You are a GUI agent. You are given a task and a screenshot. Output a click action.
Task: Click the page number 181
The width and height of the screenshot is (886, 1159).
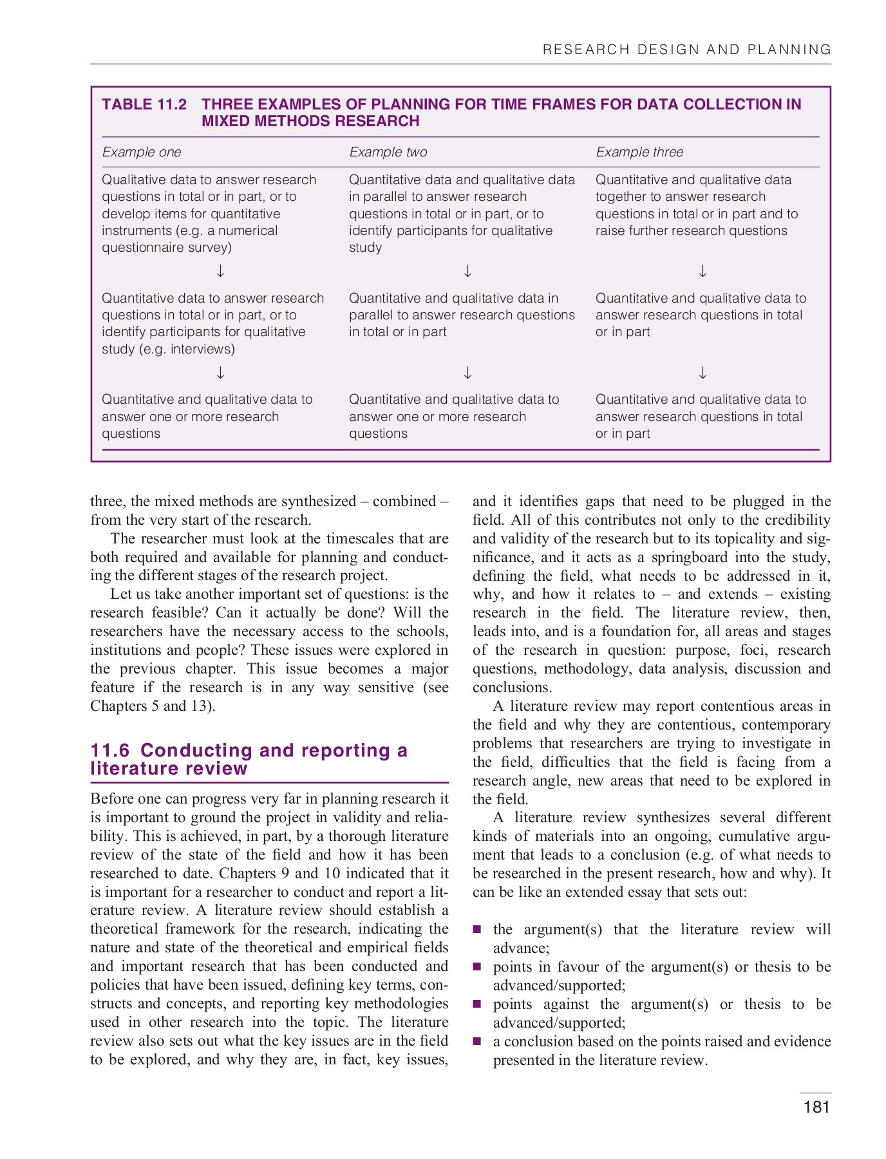tap(816, 1107)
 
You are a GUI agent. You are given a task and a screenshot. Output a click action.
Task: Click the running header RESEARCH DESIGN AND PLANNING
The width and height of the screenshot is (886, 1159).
tap(687, 50)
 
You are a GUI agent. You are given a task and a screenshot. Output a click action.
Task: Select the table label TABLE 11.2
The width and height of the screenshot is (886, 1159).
tap(144, 104)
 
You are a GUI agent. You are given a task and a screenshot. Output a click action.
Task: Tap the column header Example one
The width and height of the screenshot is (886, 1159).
tap(142, 152)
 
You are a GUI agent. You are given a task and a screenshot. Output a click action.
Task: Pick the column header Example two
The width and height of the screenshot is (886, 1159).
tap(388, 152)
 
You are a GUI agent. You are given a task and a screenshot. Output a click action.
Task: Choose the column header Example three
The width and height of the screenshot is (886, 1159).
tap(639, 152)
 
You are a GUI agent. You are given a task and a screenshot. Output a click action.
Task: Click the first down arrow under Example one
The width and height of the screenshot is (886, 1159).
tap(221, 271)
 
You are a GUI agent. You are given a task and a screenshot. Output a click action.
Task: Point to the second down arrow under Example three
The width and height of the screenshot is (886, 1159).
tap(703, 373)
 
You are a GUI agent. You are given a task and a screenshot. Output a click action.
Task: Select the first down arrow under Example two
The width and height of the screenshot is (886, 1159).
tap(468, 271)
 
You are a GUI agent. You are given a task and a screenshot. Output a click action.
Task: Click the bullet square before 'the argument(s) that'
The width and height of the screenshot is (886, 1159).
tap(477, 929)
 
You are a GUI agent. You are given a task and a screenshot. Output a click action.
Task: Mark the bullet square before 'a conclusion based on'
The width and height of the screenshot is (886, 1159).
tap(477, 1041)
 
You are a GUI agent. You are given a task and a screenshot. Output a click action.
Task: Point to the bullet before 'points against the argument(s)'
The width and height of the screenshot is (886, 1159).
tap(477, 1004)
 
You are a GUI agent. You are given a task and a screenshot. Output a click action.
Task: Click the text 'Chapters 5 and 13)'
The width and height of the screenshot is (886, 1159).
tap(153, 706)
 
